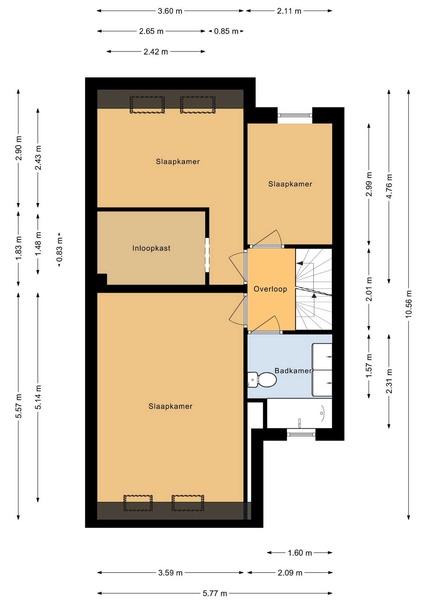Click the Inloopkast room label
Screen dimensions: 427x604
[x=151, y=248]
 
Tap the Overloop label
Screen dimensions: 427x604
[x=270, y=289]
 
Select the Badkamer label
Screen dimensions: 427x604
[x=293, y=371]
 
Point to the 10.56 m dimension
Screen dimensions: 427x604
[x=408, y=304]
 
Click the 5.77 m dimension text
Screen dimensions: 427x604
[x=215, y=593]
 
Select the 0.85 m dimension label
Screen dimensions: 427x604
[x=226, y=31]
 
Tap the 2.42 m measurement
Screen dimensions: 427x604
[x=156, y=52]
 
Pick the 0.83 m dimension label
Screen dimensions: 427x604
[x=59, y=250]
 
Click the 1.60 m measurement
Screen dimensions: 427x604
[x=300, y=553]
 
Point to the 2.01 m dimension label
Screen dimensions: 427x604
[x=369, y=289]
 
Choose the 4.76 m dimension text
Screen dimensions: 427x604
[x=389, y=186]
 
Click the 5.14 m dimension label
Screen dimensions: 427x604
[x=38, y=397]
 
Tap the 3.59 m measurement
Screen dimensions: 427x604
[x=170, y=573]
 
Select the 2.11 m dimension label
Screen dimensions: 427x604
[x=289, y=11]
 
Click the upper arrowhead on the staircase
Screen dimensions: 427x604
[x=300, y=263]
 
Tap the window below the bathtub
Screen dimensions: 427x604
[x=301, y=434]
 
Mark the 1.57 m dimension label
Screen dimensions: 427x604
[x=369, y=366]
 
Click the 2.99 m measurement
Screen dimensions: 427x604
[x=369, y=184]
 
